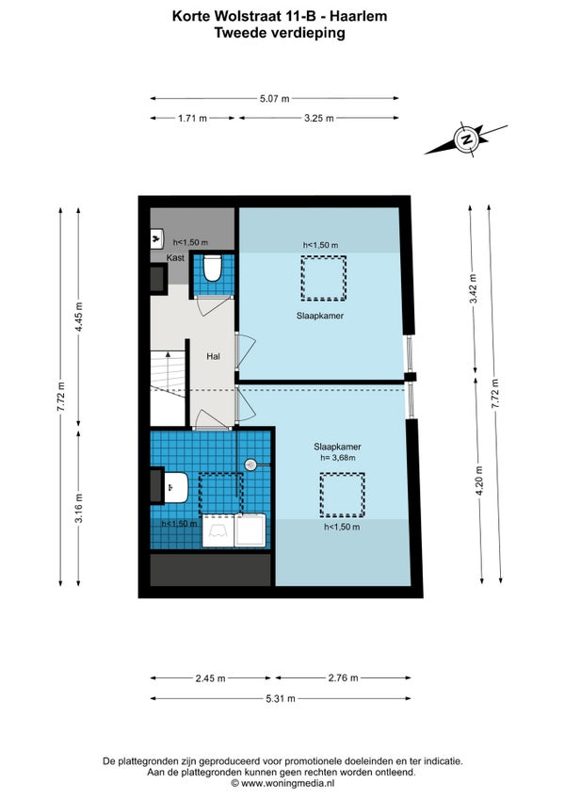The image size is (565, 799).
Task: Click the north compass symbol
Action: [x=466, y=139]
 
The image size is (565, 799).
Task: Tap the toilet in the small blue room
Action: [x=212, y=268]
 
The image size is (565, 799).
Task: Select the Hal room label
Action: [x=213, y=356]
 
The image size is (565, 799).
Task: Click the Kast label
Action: [x=175, y=258]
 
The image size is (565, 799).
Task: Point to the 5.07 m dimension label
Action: [x=275, y=98]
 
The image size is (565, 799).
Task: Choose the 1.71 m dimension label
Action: [x=193, y=118]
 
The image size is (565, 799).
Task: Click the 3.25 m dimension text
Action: [x=319, y=118]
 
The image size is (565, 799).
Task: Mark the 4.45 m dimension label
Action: [x=78, y=317]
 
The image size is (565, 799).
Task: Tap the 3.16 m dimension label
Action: [x=78, y=509]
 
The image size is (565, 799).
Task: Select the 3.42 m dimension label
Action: [x=474, y=288]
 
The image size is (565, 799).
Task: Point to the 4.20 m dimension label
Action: [x=479, y=481]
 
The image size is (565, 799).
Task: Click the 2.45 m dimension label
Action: [x=210, y=678]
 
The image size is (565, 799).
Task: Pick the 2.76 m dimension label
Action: [x=343, y=677]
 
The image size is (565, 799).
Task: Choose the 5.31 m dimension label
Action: [x=281, y=698]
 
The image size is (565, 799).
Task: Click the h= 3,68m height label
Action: [x=338, y=458]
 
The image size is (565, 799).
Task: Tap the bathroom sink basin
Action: [x=176, y=487]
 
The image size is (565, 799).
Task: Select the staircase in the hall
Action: [x=167, y=387]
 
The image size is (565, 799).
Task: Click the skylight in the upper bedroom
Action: [x=323, y=278]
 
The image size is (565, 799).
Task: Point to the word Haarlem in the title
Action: [x=358, y=16]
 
